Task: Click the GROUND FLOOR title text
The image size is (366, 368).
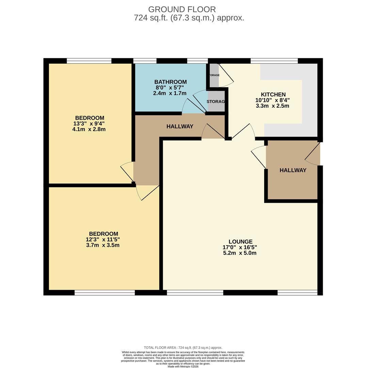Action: click(x=182, y=10)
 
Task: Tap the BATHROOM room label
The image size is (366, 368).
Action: click(x=170, y=82)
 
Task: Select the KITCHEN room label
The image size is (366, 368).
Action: click(x=273, y=95)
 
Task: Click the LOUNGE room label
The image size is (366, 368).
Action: click(x=240, y=242)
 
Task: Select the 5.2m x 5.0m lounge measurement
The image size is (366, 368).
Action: click(x=240, y=253)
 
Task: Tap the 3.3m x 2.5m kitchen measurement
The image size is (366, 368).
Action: click(x=272, y=106)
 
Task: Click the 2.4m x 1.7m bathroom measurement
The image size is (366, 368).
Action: click(x=170, y=93)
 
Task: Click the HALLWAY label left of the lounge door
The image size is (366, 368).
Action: click(x=180, y=126)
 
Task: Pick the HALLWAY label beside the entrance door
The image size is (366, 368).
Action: click(x=293, y=170)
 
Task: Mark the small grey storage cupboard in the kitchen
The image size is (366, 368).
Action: click(x=214, y=75)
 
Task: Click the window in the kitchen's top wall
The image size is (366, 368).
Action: click(x=274, y=61)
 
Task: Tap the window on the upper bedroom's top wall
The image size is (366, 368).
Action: click(x=89, y=61)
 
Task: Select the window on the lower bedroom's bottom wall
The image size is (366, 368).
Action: click(x=105, y=292)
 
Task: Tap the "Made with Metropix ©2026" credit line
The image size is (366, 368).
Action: click(x=183, y=366)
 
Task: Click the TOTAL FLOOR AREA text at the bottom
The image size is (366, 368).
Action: click(x=183, y=348)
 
